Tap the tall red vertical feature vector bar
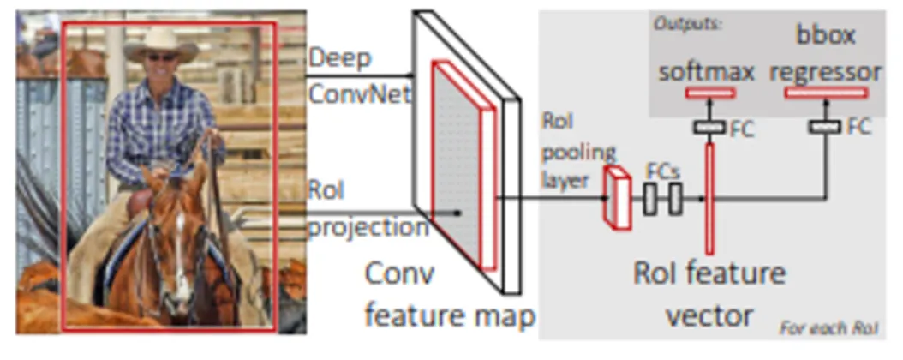[709, 198]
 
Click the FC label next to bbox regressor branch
[859, 127]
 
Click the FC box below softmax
[709, 127]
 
